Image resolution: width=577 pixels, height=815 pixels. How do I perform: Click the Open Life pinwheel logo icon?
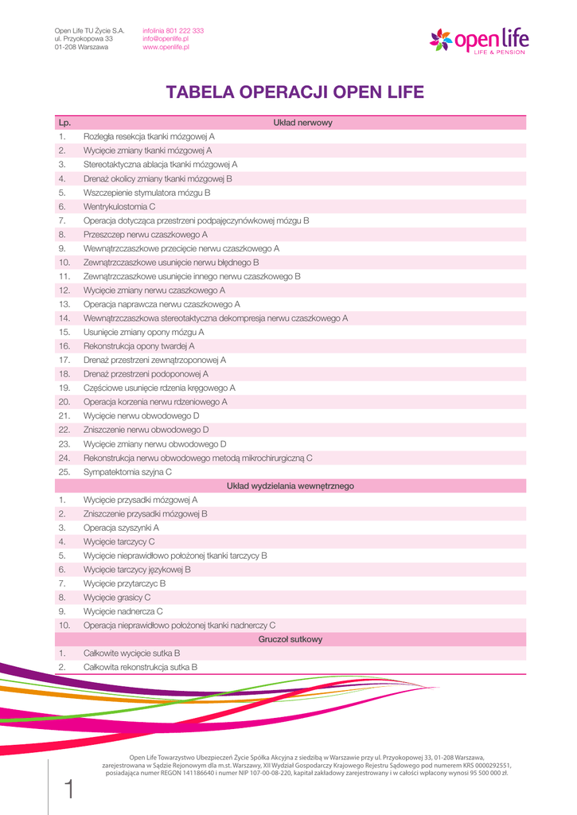pos(440,39)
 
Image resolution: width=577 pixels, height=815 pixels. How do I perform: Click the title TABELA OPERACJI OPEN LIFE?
pos(295,92)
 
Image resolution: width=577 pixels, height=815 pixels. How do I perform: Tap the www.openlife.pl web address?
pos(166,47)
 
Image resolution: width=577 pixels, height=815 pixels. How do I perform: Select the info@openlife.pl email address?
pos(166,38)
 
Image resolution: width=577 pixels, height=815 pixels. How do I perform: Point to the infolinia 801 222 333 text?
pos(173,30)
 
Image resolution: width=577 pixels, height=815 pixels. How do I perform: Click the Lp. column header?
pos(64,123)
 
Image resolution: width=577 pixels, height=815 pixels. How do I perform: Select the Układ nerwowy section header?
pos(302,123)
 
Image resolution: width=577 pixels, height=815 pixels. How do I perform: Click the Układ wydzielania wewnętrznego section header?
pos(290,485)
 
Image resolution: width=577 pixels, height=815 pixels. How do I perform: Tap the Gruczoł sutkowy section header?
pos(290,639)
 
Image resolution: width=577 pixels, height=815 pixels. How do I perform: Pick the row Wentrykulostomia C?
pos(119,206)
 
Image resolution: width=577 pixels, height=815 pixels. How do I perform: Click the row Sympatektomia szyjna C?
pos(127,472)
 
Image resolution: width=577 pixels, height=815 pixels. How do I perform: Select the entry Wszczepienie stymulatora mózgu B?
pos(146,193)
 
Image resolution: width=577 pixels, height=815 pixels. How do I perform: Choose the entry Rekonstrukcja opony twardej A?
pos(138,346)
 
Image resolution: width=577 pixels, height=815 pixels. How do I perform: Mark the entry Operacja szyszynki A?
pos(121,528)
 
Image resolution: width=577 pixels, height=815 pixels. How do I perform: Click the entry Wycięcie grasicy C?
pos(117,597)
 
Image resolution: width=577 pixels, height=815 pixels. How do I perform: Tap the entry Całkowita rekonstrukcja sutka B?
pos(140,667)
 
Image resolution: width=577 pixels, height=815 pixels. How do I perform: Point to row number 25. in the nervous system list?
pos(64,472)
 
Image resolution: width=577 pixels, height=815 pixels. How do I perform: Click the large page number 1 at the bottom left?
pos(69,790)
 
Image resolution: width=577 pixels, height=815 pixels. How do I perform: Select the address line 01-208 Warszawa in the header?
pos(81,47)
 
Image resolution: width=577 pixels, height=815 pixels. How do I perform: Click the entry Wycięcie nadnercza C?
pos(123,611)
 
